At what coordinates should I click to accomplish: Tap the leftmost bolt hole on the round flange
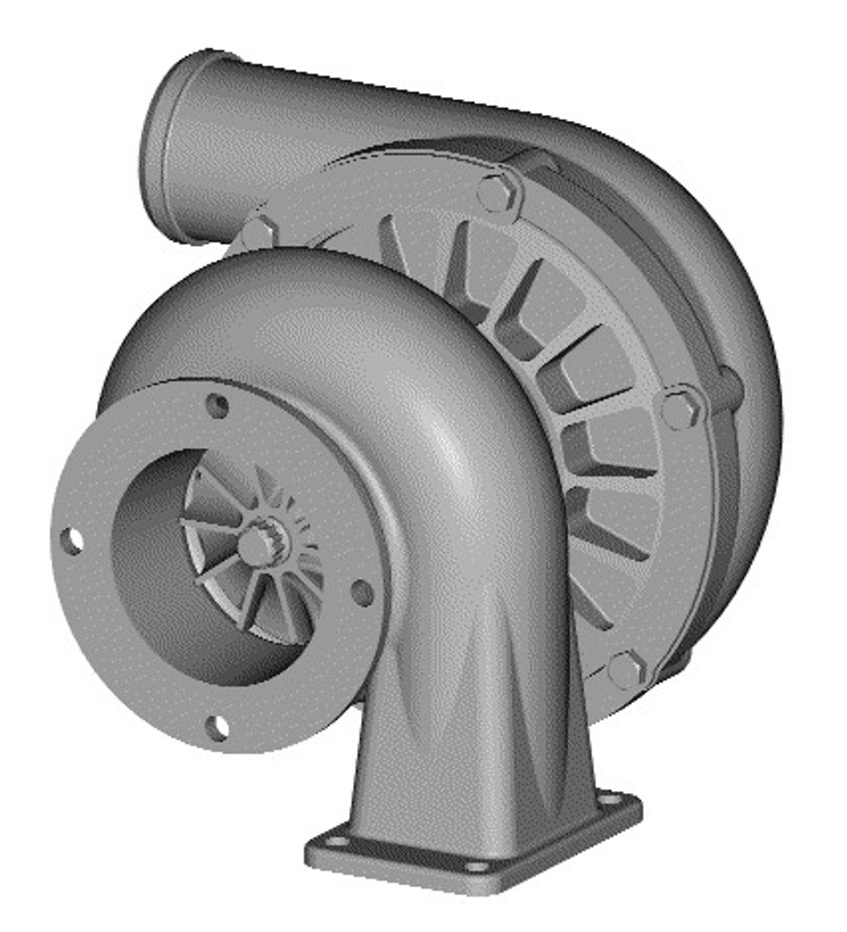73,540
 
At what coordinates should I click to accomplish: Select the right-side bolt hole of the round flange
363,592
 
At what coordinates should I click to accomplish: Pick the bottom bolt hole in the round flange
218,727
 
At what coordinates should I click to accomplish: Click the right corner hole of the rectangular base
614,803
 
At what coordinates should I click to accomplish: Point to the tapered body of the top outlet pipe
345,121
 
